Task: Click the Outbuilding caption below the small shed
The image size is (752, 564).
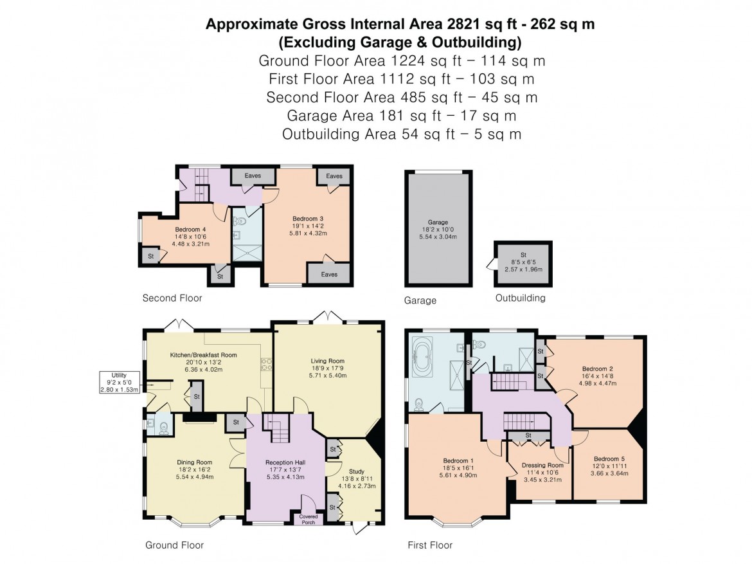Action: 520,298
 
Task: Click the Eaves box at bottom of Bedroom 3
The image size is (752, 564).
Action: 329,274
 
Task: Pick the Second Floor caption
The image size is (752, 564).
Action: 172,298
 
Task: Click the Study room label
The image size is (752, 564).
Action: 355,471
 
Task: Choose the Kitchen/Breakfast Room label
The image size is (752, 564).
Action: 203,355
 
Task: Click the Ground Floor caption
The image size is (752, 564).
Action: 174,545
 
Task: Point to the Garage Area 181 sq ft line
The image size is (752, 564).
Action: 401,116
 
